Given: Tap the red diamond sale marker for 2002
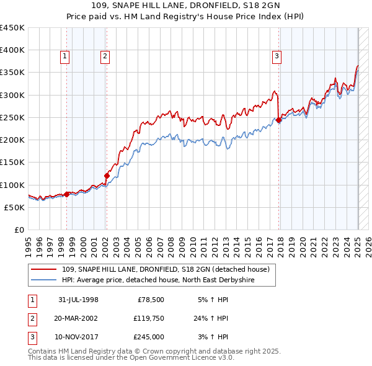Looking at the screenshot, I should tap(107, 176).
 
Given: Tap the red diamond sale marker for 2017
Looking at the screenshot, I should tap(279, 120).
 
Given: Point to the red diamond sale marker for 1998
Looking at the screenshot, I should tap(67, 194).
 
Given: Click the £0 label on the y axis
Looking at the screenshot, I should tap(19, 230).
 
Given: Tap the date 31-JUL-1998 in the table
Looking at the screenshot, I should tap(78, 300).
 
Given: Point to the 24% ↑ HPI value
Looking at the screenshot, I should tap(210, 318).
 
